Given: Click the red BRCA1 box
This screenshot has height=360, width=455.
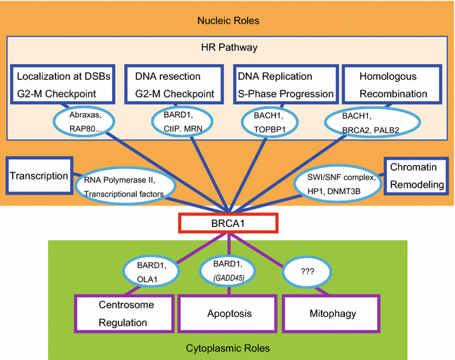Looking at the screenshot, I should point(228,223).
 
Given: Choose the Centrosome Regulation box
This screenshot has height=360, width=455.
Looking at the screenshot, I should point(123,314).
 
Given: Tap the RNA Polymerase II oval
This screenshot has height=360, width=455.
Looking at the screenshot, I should point(122,186).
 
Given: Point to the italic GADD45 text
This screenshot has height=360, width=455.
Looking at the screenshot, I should point(229,277).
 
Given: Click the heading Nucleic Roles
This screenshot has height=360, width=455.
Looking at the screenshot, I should point(227,21).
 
